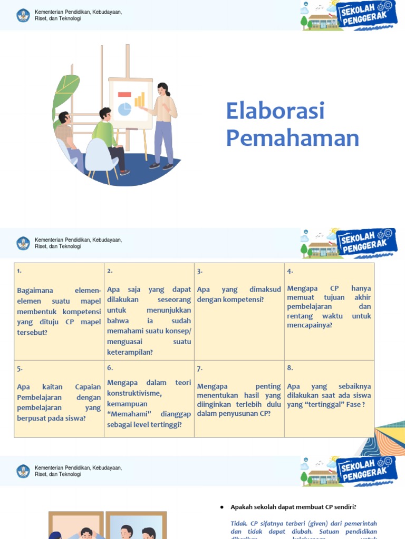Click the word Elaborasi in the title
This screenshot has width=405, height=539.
tap(275, 111)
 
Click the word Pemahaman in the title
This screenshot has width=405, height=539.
tap(292, 138)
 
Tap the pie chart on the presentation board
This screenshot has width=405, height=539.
tap(124, 109)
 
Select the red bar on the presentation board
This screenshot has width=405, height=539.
tap(124, 95)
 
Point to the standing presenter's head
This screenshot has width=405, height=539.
tap(163, 89)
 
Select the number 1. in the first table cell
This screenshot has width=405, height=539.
tap(19, 271)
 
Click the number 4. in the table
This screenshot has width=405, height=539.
tap(290, 271)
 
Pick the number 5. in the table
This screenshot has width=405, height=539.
tap(20, 368)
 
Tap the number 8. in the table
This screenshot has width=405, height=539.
tap(290, 368)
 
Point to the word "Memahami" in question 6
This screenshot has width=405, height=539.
tap(126, 414)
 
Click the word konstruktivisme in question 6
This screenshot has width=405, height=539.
tap(134, 393)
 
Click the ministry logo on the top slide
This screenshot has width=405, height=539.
tap(23, 15)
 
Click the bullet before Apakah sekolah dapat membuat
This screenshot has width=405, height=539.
tap(222, 507)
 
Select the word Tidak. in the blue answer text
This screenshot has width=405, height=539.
tap(239, 523)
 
